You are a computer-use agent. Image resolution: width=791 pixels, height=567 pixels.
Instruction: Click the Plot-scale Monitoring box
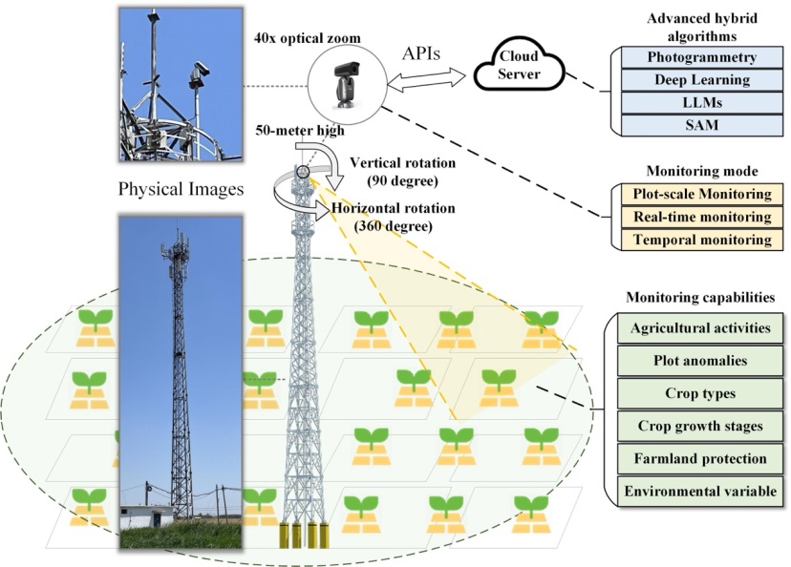point(702,195)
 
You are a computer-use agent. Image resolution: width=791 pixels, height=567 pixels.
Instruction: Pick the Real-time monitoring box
point(702,217)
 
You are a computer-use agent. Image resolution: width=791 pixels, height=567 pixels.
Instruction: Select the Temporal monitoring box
point(702,240)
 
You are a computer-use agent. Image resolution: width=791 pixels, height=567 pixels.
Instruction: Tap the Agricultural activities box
point(700,328)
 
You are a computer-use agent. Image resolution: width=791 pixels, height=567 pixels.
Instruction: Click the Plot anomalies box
point(700,361)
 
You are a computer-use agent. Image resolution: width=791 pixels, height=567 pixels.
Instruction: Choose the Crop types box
point(700,393)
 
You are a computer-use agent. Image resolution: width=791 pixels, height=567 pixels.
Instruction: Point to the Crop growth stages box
point(700,426)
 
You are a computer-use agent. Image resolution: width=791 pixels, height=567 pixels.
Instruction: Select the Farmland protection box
point(700,458)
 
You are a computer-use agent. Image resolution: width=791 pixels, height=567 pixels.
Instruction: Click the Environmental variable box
point(700,492)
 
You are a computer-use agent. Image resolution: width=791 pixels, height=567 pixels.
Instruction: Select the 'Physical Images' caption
point(181,189)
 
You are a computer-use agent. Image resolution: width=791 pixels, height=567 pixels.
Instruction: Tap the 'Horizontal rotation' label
point(381,208)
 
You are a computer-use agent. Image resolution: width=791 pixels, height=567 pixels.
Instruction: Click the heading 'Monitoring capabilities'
point(700,298)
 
